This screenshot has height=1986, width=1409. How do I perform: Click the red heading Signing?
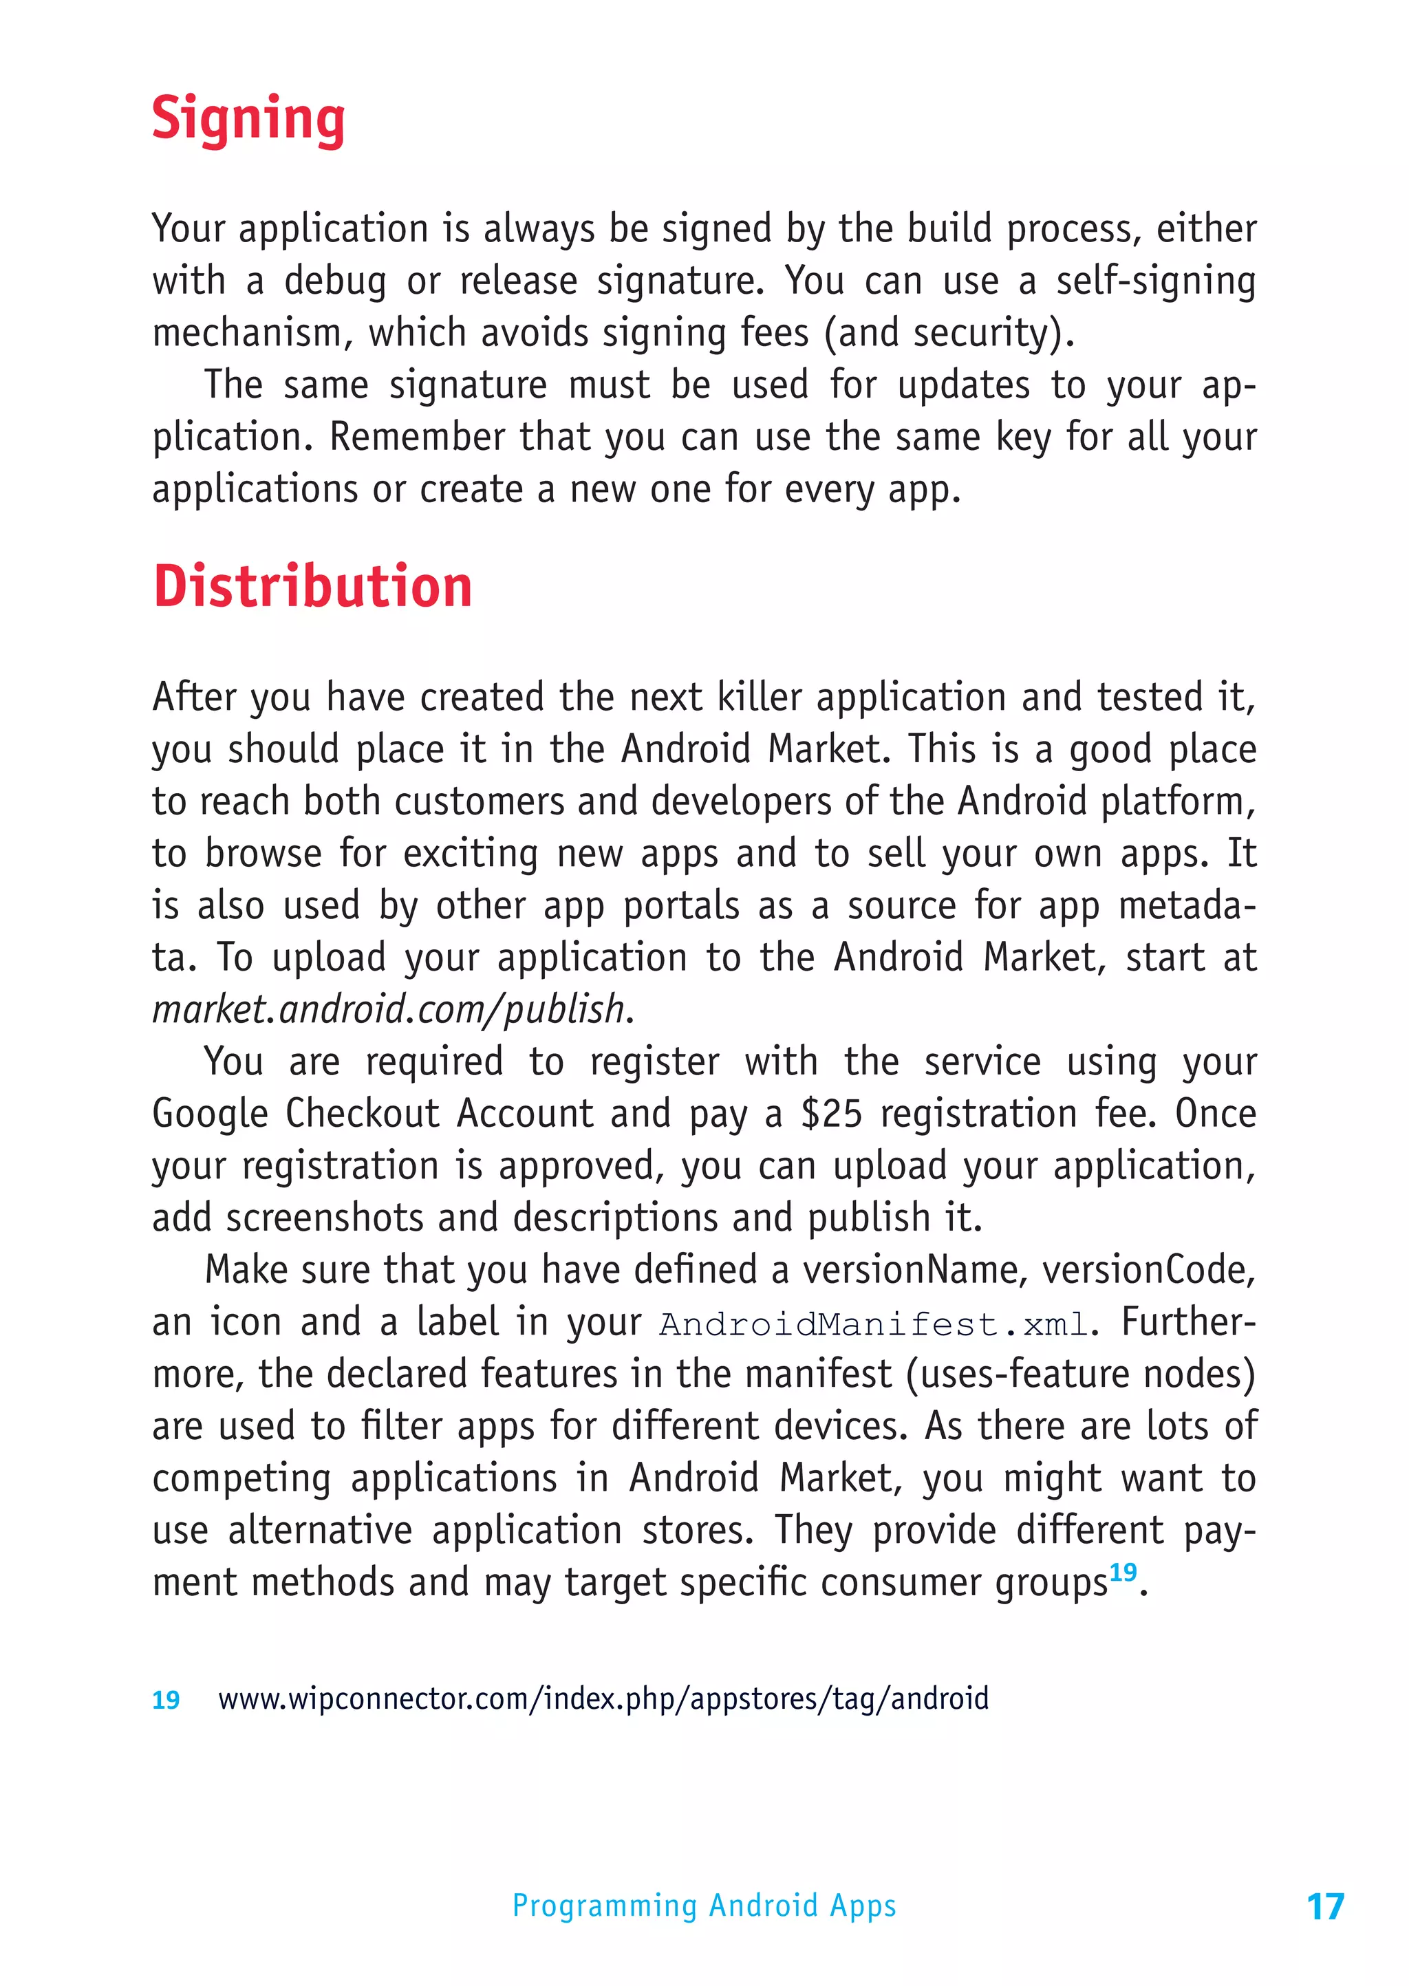pos(248,119)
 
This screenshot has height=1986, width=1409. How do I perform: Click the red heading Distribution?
pos(312,587)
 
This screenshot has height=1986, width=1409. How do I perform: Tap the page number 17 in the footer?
pos(1325,1906)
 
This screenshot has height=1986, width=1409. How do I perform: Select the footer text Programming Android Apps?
pos(704,1906)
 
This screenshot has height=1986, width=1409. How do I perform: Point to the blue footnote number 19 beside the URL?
pos(166,1700)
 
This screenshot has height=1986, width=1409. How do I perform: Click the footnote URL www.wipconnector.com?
pos(603,1698)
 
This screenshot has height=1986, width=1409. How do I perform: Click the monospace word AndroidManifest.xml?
pos(873,1324)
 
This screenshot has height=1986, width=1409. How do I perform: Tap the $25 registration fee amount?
pos(831,1114)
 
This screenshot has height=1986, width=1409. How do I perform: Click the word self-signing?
pos(1156,281)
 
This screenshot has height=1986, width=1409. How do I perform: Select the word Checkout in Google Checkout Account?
pos(363,1114)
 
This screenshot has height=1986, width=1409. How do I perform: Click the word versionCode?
pos(1148,1271)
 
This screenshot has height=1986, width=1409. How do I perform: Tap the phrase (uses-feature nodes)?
pos(1080,1375)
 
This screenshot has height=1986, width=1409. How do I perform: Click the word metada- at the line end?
pos(1187,906)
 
